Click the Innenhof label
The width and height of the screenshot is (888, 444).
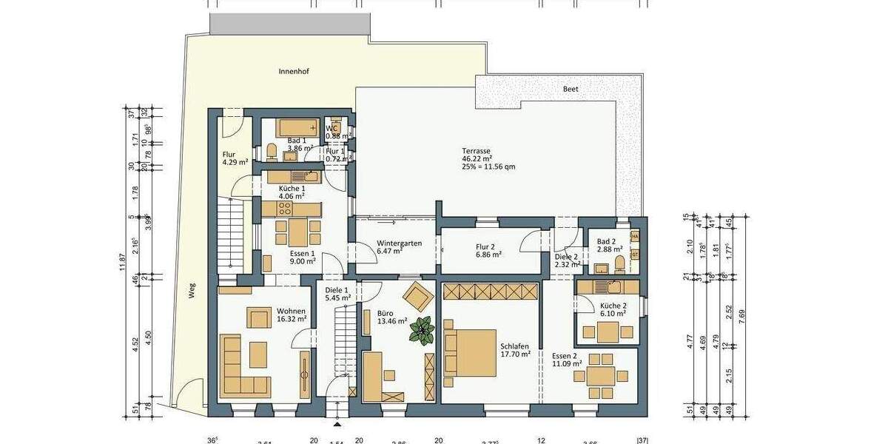pos(294,72)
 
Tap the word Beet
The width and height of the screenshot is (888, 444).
pos(571,88)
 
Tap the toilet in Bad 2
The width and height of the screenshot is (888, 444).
pos(619,263)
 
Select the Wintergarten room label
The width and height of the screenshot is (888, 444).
pos(400,247)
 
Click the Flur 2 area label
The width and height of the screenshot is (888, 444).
pos(489,250)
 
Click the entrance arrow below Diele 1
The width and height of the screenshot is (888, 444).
pos(337,425)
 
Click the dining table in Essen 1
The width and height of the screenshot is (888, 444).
pos(297,232)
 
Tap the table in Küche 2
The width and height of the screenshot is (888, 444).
pos(608,332)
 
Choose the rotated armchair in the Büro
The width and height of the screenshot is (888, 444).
pos(418,296)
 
